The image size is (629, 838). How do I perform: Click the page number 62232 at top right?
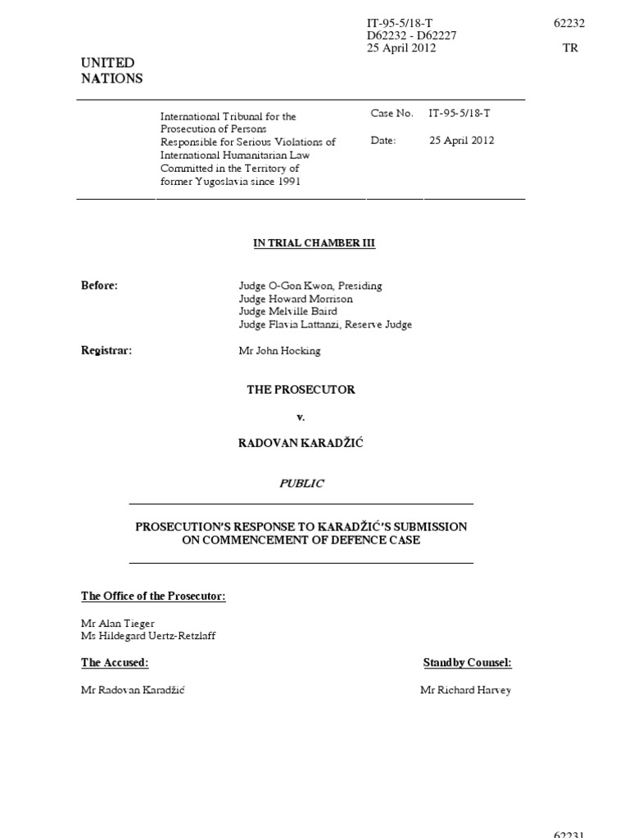coord(569,24)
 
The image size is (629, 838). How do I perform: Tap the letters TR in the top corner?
coord(570,48)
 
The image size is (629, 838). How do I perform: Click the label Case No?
coord(391,114)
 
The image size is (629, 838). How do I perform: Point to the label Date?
coord(383,141)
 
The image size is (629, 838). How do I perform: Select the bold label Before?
coord(99,286)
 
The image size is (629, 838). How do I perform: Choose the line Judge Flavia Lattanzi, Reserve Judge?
coord(325,324)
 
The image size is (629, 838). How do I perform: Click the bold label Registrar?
coord(106,350)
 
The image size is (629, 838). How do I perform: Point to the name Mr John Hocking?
coord(279,350)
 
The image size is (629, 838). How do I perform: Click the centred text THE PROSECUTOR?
coord(301,390)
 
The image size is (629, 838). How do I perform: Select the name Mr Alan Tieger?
coord(117,623)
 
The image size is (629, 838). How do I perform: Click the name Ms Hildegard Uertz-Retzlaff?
coord(148,636)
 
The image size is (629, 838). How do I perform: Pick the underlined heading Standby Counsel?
coord(467,663)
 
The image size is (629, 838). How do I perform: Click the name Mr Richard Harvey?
coord(465,690)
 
